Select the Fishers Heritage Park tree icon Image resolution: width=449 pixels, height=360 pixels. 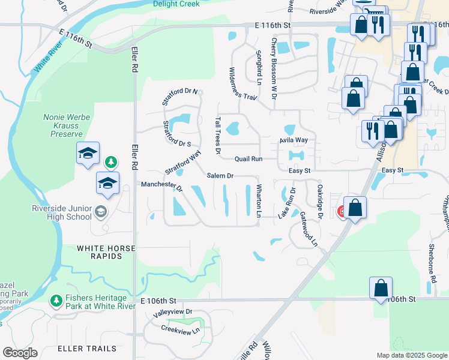[56, 299]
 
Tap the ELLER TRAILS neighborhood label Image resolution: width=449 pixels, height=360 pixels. [82, 348]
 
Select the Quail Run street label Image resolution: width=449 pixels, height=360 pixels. [249, 159]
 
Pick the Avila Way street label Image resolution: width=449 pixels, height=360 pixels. [293, 140]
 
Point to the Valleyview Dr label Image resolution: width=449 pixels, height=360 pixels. [172, 312]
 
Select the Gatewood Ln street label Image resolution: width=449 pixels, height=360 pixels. [309, 229]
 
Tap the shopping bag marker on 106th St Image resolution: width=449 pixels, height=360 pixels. [381, 289]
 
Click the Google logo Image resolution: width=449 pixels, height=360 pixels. [20, 353]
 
